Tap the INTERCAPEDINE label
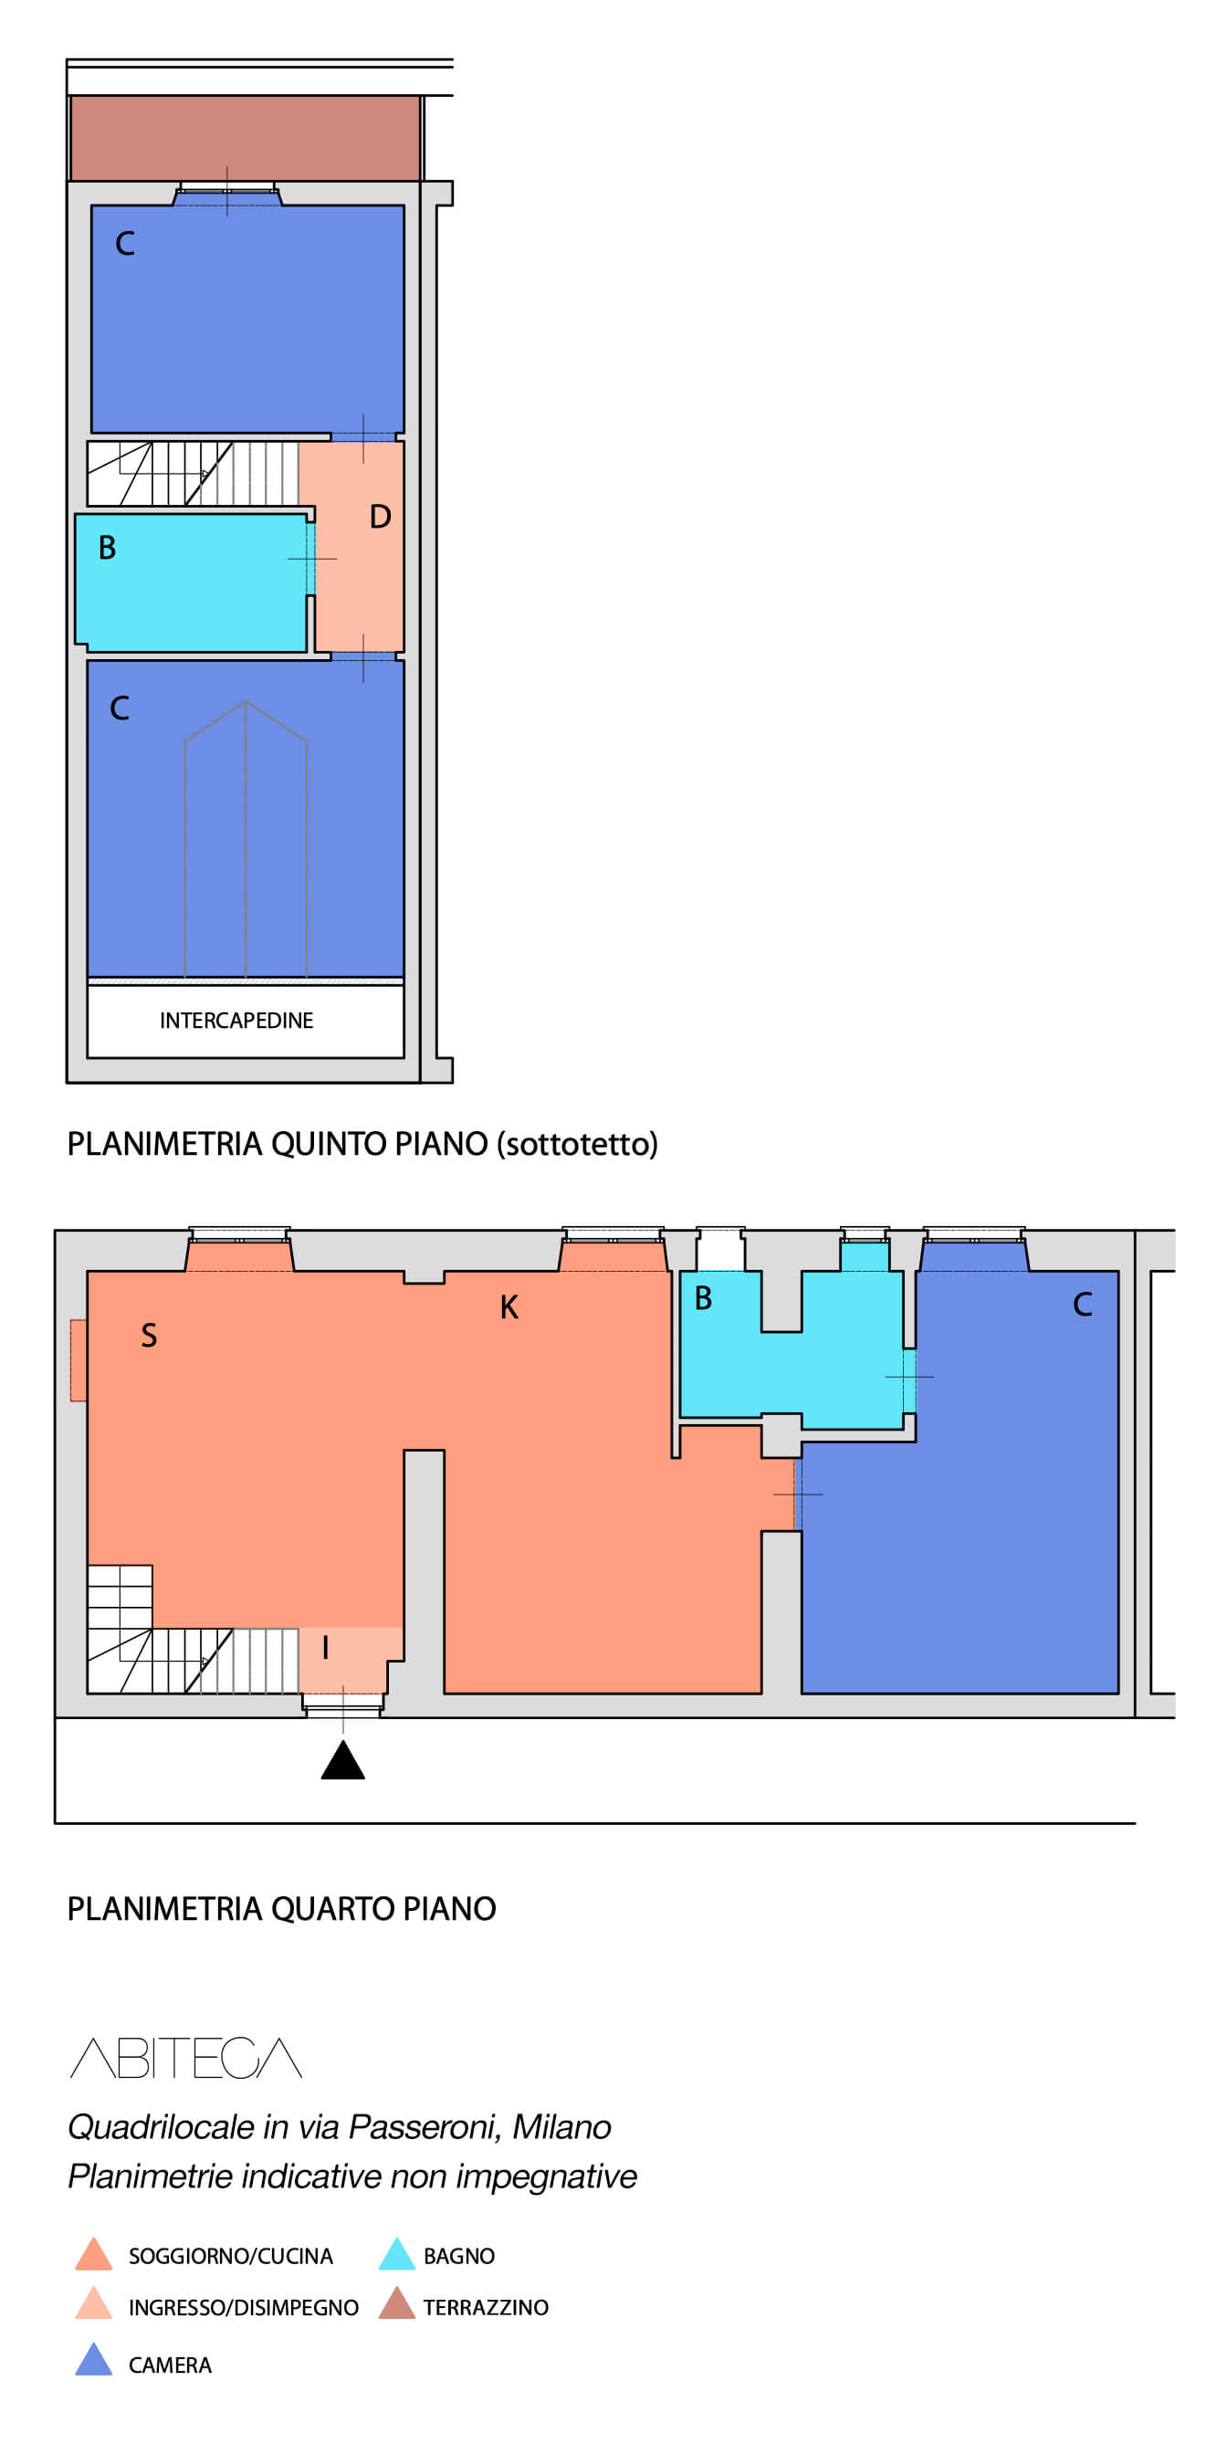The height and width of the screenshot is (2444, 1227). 236,1021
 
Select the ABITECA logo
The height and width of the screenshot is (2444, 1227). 186,2057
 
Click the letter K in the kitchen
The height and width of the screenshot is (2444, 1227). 509,1307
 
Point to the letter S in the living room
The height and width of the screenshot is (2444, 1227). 149,1336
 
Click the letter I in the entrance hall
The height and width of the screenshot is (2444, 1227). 326,1648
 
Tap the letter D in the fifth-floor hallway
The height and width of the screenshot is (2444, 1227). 381,517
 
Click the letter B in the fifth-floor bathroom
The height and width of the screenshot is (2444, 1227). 107,548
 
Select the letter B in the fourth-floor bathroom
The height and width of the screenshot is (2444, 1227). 703,1298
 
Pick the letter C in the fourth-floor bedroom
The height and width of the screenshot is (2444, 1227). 1083,1305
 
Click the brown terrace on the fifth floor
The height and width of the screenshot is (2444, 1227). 246,138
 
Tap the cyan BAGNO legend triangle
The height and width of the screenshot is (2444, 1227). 396,2253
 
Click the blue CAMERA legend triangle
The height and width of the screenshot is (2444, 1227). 94,2360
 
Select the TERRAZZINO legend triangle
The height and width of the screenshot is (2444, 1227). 396,2302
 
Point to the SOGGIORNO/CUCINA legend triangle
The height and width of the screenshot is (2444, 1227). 94,2253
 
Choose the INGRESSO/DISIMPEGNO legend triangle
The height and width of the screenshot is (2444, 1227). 94,2302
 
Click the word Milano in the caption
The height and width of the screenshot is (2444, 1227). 561,2128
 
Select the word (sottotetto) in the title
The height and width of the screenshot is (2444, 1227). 578,1145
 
